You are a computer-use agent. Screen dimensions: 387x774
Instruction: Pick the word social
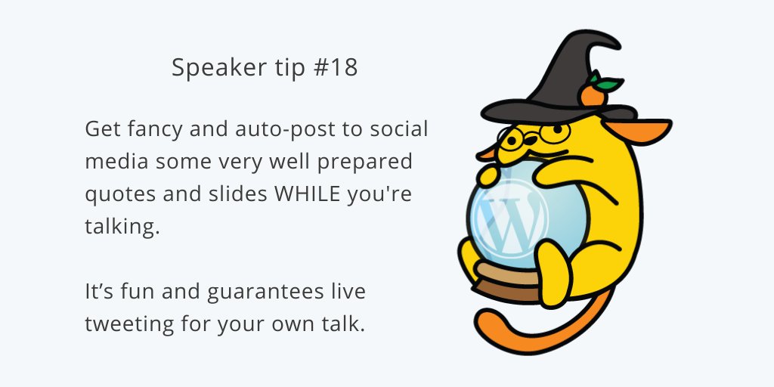pyautogui.click(x=398, y=128)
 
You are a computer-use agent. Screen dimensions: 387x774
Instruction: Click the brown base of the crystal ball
pyautogui.click(x=508, y=285)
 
